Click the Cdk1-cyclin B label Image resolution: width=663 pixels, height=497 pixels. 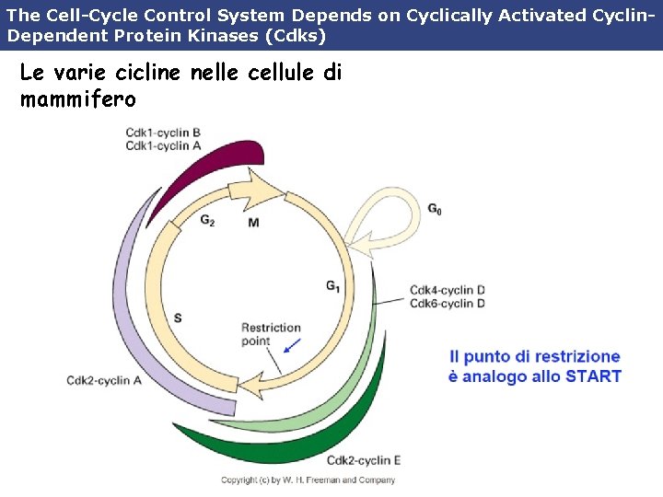[163, 133]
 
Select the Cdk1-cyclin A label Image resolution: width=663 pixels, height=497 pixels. [163, 145]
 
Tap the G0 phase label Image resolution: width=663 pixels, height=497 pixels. [435, 210]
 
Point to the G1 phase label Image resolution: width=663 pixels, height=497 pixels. [332, 286]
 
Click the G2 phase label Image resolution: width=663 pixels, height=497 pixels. [207, 221]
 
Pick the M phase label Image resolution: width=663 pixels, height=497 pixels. [253, 223]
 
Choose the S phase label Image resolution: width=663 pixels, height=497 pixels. [178, 318]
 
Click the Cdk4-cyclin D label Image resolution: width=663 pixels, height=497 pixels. [448, 290]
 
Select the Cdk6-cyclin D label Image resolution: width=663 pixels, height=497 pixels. [448, 304]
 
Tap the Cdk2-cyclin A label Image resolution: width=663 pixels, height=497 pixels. [104, 380]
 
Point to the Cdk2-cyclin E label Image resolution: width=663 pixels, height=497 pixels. [364, 460]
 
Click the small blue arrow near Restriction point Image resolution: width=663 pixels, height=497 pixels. [292, 345]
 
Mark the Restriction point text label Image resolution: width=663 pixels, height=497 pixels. [271, 334]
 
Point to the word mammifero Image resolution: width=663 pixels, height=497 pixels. [77, 98]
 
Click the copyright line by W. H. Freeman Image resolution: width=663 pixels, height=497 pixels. [308, 480]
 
